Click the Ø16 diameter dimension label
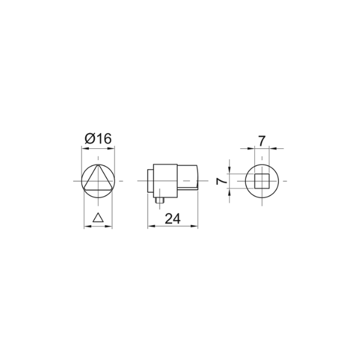click(x=98, y=139)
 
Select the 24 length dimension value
click(x=173, y=219)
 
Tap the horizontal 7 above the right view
click(x=262, y=141)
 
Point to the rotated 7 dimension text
click(x=221, y=181)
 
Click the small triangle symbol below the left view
click(x=98, y=217)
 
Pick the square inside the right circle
click(x=262, y=181)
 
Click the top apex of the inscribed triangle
click(x=98, y=165)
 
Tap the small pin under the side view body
click(x=160, y=200)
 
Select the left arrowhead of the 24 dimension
click(x=151, y=226)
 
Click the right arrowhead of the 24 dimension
click(x=195, y=226)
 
